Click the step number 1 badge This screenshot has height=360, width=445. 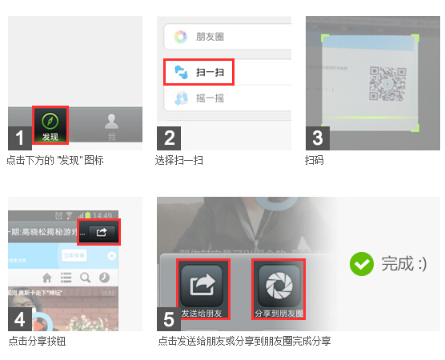[20, 138]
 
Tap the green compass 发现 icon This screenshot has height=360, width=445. [50, 122]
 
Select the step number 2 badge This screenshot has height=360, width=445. [169, 138]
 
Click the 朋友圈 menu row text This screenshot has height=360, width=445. [209, 36]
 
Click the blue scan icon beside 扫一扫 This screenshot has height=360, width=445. [180, 72]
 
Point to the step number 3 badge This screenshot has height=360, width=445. [318, 138]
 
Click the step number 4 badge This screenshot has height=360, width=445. [20, 319]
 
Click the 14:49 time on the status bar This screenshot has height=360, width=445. [102, 215]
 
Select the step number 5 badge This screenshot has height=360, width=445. [169, 319]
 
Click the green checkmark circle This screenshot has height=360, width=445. [363, 263]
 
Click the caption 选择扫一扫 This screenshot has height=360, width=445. [179, 160]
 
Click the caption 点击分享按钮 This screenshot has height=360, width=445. [37, 342]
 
